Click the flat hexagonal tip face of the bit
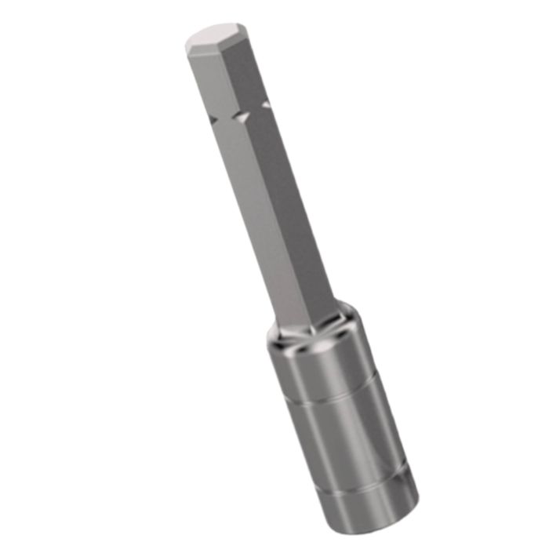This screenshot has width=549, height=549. (x=213, y=35)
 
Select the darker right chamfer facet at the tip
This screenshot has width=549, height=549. (x=237, y=49)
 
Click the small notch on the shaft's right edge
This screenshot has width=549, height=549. (x=266, y=104)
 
